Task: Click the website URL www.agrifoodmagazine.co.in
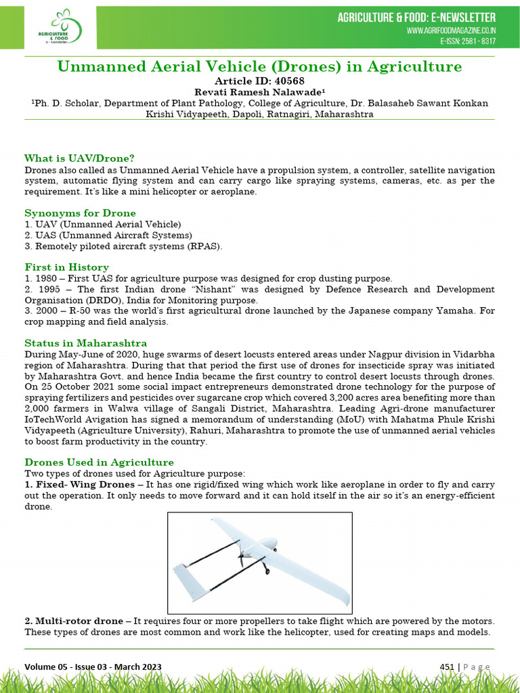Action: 451,31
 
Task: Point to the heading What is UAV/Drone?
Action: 79,158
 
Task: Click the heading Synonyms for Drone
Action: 80,213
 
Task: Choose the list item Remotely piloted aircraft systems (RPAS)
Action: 123,246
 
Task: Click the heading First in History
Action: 66,267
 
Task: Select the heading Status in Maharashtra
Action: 85,343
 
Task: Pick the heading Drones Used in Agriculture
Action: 99,462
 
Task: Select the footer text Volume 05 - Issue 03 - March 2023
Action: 93,667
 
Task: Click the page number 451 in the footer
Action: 447,667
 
